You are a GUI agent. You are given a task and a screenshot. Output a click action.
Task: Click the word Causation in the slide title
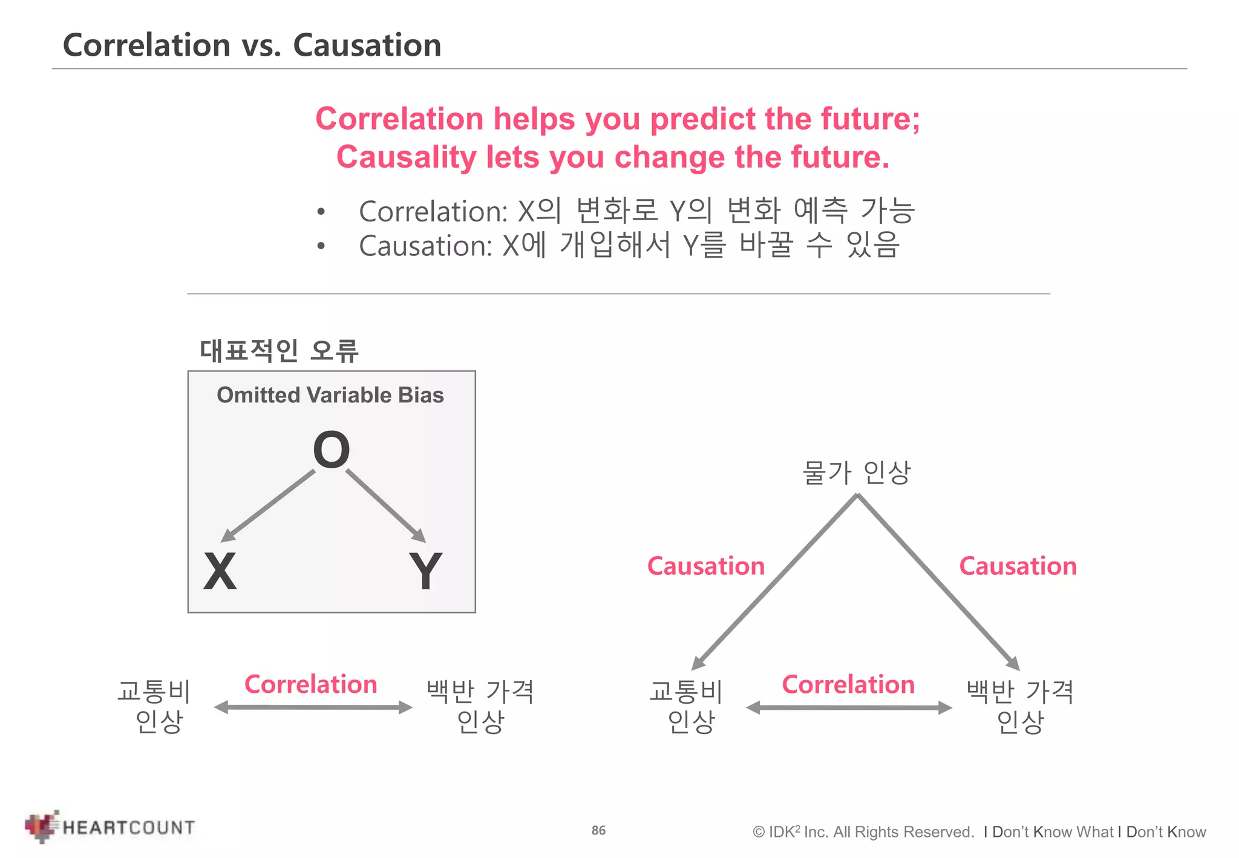tap(367, 45)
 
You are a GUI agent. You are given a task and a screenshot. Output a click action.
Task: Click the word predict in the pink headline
tap(702, 119)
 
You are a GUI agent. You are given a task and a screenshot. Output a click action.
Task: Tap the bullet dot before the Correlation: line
tap(321, 212)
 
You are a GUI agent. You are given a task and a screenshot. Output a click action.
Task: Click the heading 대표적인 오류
tap(279, 350)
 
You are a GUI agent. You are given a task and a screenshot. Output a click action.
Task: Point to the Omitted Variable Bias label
tap(330, 395)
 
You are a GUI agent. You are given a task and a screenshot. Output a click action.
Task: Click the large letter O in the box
tap(331, 450)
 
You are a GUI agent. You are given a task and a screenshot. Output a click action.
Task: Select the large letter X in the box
tap(220, 571)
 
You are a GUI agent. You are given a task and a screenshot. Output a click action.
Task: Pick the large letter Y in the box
tap(425, 571)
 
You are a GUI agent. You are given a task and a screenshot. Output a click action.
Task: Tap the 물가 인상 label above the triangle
tap(856, 473)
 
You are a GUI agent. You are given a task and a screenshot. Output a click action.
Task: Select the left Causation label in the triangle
tap(706, 566)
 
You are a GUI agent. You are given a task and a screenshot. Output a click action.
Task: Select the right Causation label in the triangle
tap(1018, 566)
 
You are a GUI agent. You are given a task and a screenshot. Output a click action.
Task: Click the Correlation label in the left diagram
tap(311, 684)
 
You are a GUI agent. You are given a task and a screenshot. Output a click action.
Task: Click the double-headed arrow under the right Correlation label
tap(849, 708)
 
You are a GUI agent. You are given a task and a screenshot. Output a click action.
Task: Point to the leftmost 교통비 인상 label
tap(155, 706)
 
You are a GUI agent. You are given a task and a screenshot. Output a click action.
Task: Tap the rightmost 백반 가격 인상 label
tap(1020, 706)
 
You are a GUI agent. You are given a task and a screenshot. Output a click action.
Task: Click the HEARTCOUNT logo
tap(111, 827)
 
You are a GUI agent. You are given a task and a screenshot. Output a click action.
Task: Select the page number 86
tap(598, 830)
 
